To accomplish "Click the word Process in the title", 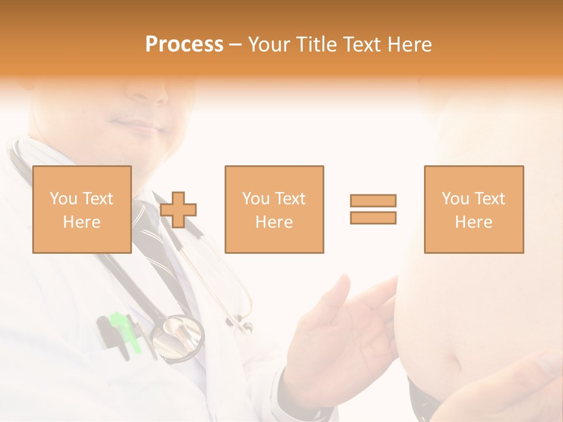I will pos(184,45).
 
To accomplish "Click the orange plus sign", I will pos(178,210).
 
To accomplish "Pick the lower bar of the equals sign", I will pos(373,217).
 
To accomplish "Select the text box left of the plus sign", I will pos(82,209).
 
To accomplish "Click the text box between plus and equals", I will pos(274,209).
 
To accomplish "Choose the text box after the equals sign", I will pos(474,209).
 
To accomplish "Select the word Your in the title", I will pos(270,45).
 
